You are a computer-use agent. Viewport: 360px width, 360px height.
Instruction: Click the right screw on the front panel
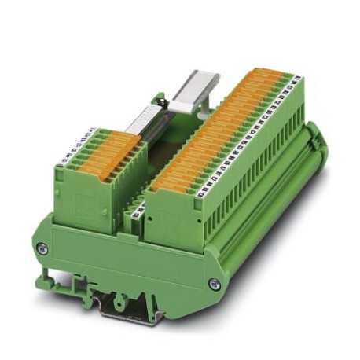click(215, 284)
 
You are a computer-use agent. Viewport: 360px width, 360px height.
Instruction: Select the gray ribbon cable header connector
click(141, 125)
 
